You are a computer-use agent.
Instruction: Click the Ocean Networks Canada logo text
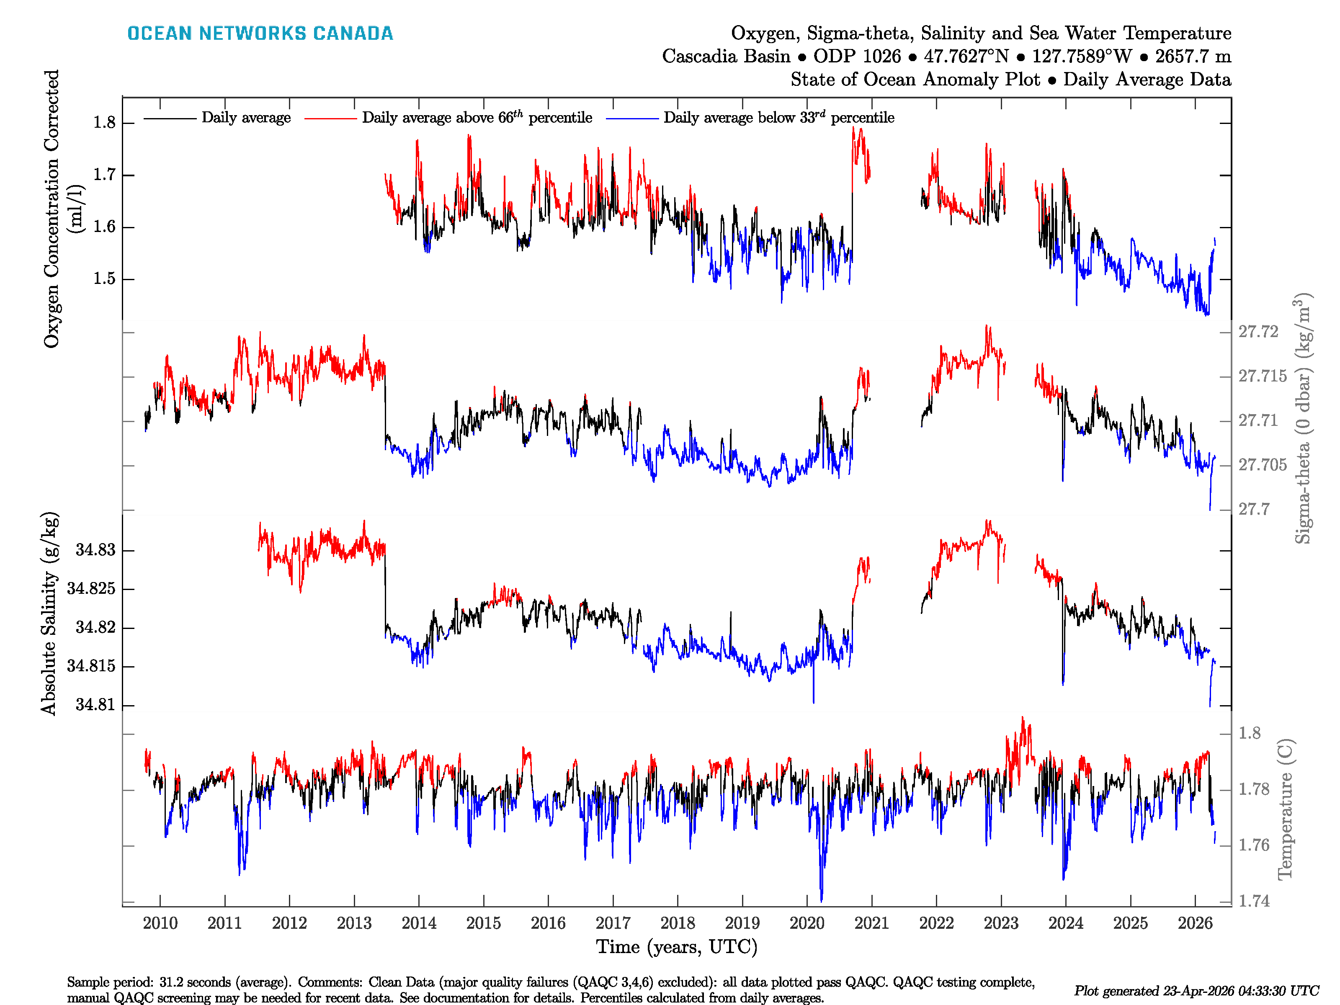(x=260, y=33)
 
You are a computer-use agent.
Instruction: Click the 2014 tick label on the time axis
(x=419, y=923)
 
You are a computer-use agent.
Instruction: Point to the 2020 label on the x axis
(x=807, y=923)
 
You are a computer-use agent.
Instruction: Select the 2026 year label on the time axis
(x=1195, y=923)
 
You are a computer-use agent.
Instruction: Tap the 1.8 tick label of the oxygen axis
(x=104, y=123)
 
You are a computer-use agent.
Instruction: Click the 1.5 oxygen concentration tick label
(x=104, y=278)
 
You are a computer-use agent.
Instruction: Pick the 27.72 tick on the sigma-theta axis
(x=1258, y=332)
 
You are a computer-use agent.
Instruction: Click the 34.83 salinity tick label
(x=95, y=550)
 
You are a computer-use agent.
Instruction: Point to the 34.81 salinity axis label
(x=95, y=704)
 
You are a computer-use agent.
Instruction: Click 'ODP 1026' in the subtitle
(x=857, y=57)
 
